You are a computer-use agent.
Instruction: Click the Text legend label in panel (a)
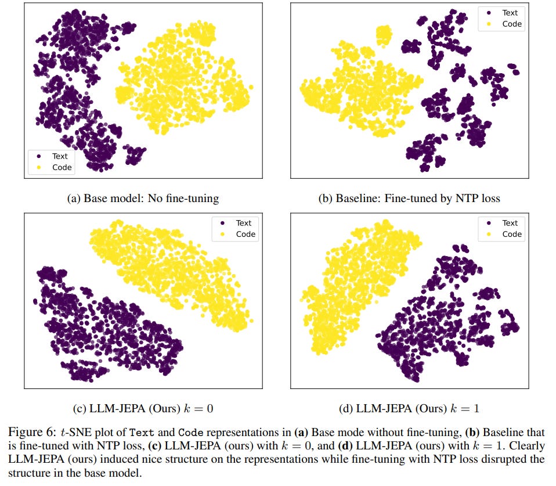pyautogui.click(x=60, y=156)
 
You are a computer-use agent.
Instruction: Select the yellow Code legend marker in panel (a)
pyautogui.click(x=38, y=167)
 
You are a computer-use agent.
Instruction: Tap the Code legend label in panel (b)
pyautogui.click(x=512, y=24)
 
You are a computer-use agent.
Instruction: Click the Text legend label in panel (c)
pyautogui.click(x=244, y=223)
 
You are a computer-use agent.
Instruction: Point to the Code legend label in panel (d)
pyautogui.click(x=512, y=235)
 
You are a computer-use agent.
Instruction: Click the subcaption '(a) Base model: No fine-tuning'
pyautogui.click(x=143, y=199)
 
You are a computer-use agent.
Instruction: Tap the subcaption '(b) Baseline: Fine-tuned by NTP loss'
pyautogui.click(x=409, y=199)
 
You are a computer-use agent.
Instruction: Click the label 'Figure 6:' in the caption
pyautogui.click(x=40, y=432)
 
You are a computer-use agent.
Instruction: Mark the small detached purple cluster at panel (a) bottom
pyautogui.click(x=135, y=156)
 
